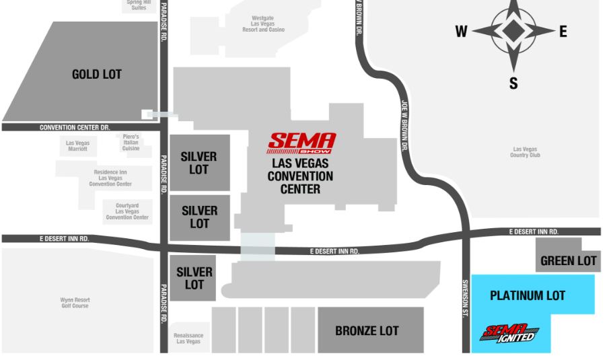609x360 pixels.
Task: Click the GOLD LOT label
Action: coord(97,74)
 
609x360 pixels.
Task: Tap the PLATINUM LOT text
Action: coord(528,295)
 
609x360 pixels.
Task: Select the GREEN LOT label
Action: coord(569,260)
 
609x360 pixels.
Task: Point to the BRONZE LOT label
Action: coord(367,330)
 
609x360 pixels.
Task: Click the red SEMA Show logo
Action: coord(301,143)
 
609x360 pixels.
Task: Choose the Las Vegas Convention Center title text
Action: coord(300,176)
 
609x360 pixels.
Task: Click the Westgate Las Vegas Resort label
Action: coord(263,24)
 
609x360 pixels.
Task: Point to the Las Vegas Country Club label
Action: coord(526,152)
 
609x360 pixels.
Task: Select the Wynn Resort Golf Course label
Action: coord(75,303)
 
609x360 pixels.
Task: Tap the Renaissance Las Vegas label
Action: coord(188,338)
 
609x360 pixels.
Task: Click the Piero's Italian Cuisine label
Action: coord(131,142)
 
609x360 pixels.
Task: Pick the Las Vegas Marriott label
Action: coord(77,145)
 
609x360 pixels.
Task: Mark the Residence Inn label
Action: coord(110,178)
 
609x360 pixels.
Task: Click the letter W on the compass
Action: coord(461,31)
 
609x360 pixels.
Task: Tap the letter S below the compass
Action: coord(513,83)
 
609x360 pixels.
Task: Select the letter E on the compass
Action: coord(563,31)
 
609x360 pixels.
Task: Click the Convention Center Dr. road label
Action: coord(75,127)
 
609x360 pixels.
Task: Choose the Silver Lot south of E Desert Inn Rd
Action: coord(194,278)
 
